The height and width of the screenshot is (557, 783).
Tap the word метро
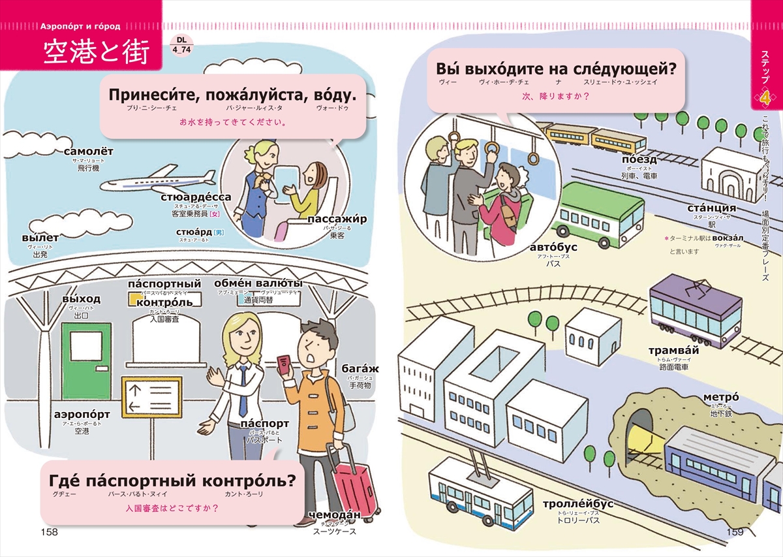pos(720,398)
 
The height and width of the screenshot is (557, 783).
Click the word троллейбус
pos(578,504)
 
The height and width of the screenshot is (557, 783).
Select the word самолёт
pos(89,152)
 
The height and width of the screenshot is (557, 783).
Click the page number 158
pos(50,532)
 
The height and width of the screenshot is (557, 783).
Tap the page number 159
pos(735,532)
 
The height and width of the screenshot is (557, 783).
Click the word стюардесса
pos(196,197)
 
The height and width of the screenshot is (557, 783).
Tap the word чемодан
pos(335,514)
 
